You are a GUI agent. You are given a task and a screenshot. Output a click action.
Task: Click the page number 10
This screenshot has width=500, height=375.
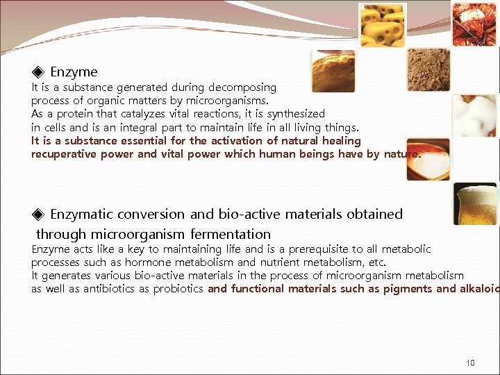(x=471, y=363)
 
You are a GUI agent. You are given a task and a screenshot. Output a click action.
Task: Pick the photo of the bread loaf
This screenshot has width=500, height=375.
(x=333, y=71)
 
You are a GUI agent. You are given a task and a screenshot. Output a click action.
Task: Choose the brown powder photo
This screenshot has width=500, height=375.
(x=428, y=70)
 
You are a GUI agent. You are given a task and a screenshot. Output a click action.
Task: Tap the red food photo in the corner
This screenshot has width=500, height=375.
(x=475, y=23)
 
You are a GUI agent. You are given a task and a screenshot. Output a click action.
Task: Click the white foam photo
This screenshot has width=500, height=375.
(x=475, y=115)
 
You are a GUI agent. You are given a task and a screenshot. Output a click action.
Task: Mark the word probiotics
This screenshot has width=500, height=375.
(x=178, y=289)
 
